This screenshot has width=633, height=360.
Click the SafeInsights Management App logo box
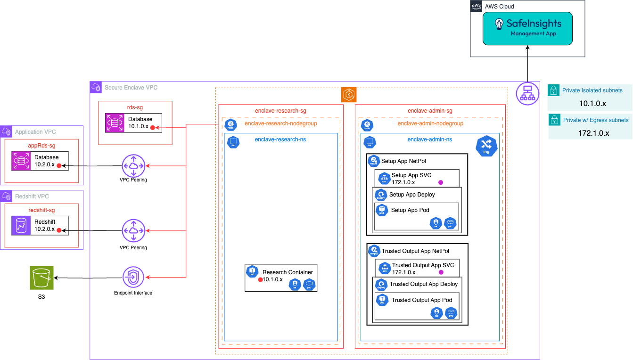[527, 28]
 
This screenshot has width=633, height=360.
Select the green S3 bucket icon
[42, 278]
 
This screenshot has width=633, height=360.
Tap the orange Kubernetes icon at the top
[349, 95]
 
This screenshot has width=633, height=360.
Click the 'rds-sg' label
[135, 107]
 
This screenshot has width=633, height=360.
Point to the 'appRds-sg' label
[41, 146]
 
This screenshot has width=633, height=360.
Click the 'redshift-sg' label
[41, 210]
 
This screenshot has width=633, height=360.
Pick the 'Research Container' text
[288, 272]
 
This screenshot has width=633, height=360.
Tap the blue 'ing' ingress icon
[486, 146]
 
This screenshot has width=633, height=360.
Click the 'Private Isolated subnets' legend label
[592, 90]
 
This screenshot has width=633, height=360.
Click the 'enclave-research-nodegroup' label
[280, 124]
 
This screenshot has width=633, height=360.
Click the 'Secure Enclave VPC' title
[131, 88]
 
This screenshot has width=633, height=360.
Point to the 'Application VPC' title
[35, 132]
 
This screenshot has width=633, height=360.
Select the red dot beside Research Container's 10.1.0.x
[260, 280]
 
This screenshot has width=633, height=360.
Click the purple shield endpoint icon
[134, 277]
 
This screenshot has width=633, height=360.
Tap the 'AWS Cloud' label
[499, 7]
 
